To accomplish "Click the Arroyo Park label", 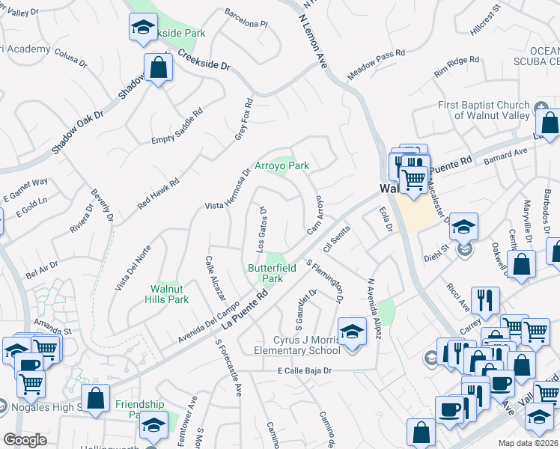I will [282, 165].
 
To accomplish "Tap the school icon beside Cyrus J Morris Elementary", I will [350, 331].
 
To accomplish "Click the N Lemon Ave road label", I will [313, 41].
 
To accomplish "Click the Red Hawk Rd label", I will [158, 193].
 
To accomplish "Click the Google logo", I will [25, 440].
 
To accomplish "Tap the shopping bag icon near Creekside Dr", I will [158, 69].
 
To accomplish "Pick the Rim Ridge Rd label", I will [457, 67].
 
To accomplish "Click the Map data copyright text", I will [529, 442].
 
